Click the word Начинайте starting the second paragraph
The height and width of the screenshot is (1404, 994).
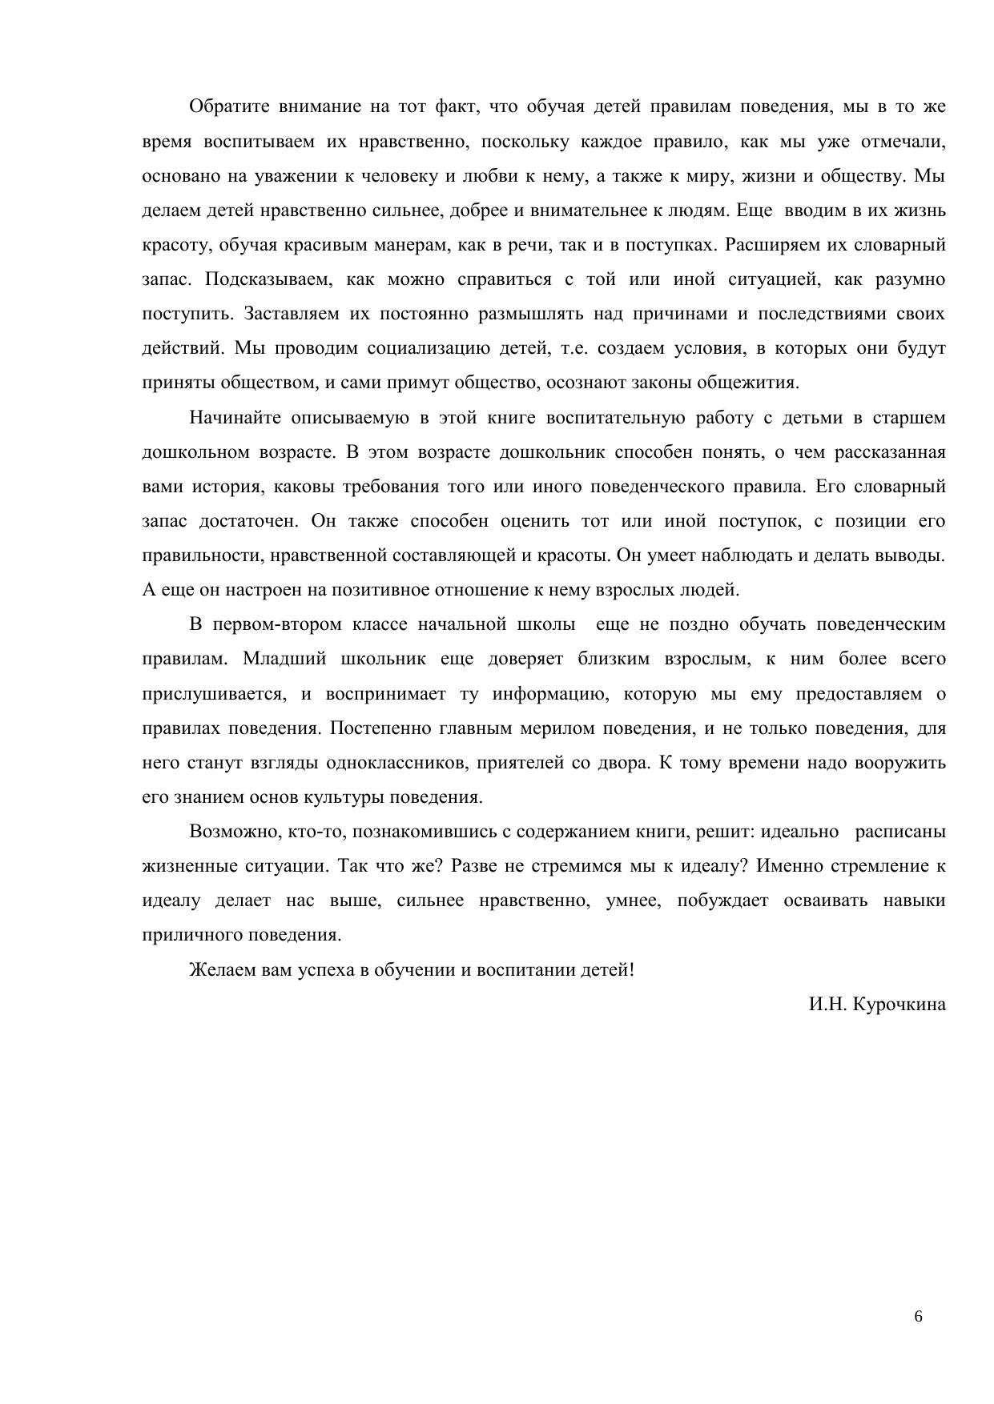pyautogui.click(x=233, y=418)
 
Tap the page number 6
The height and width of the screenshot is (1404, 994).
pyautogui.click(x=918, y=1317)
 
